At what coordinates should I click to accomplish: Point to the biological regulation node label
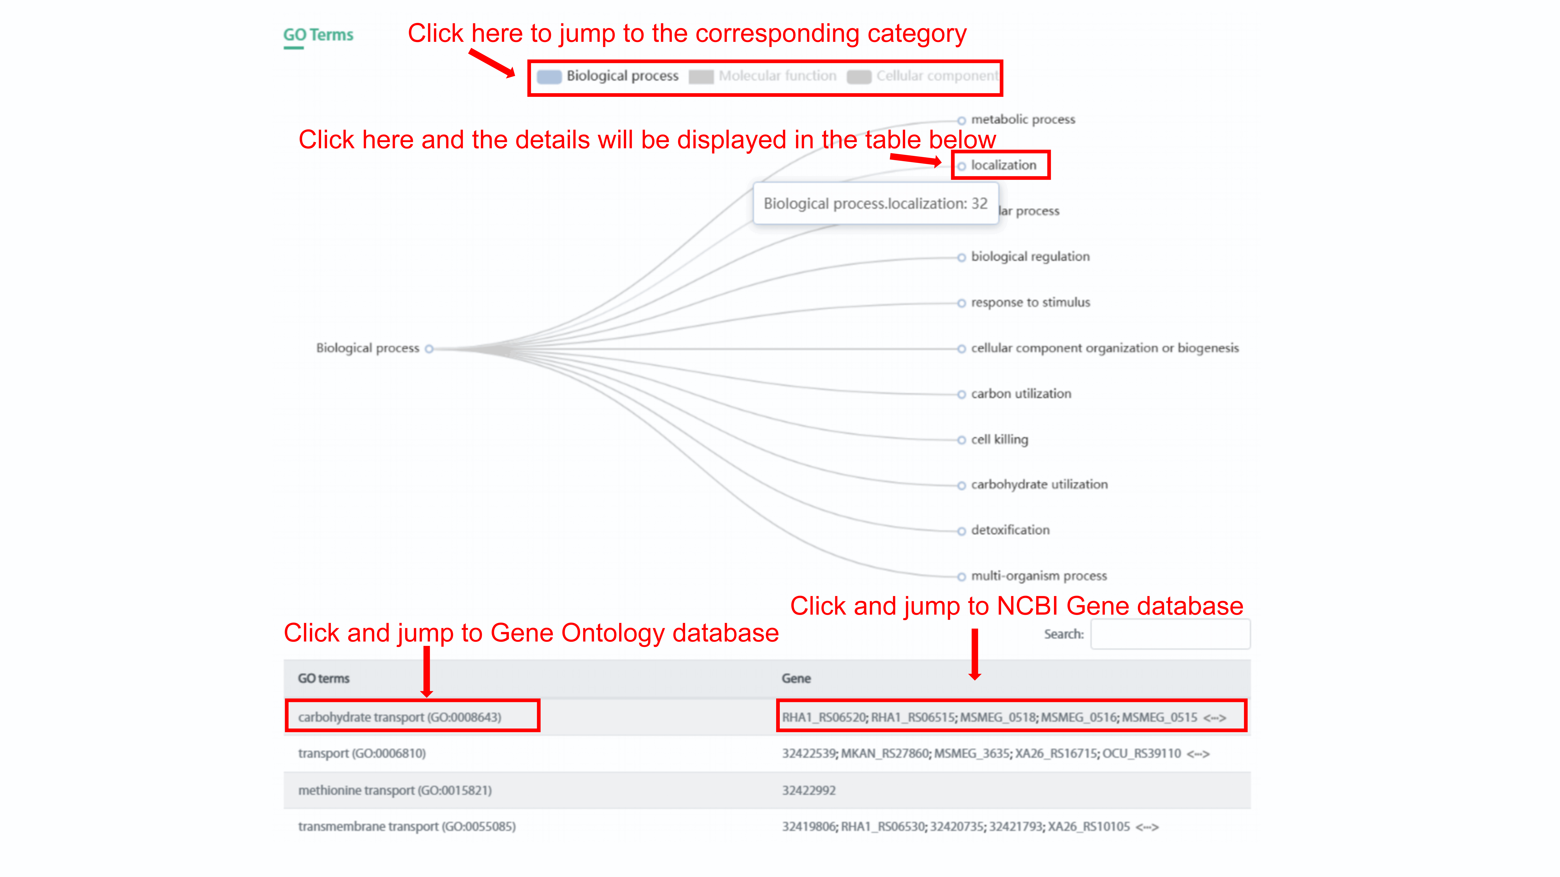click(x=1029, y=257)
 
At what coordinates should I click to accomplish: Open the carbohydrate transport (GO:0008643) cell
click(x=400, y=717)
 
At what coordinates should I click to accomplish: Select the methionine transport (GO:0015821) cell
click(x=395, y=791)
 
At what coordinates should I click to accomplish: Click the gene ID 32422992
click(x=808, y=791)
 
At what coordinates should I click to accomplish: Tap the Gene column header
click(x=796, y=678)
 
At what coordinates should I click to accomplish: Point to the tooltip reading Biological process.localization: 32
click(x=875, y=204)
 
